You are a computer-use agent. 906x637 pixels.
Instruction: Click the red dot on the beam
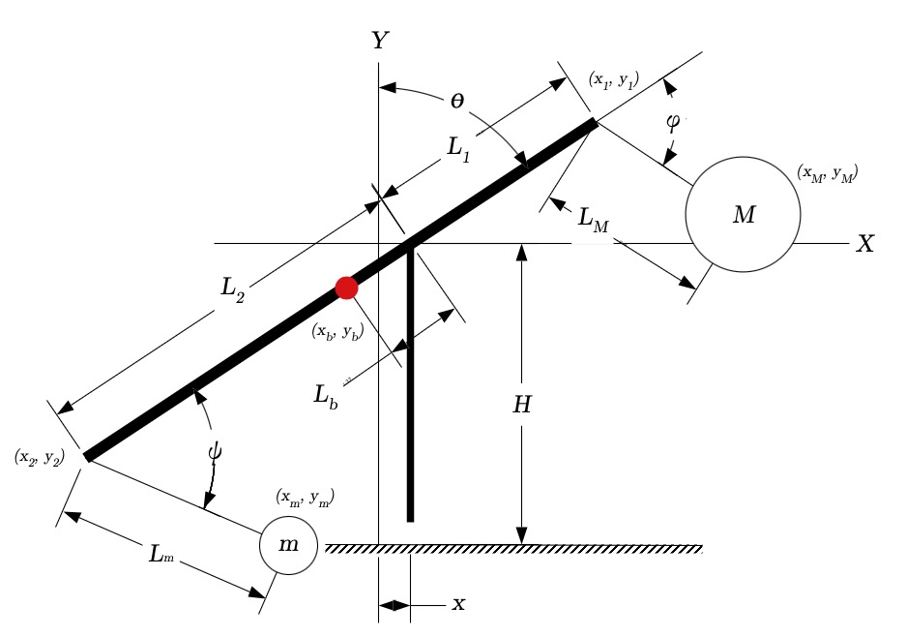pos(347,288)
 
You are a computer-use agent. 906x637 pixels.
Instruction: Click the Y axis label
pos(380,40)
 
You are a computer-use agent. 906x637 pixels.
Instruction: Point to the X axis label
pos(865,244)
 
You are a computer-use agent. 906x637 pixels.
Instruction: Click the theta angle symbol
pos(457,102)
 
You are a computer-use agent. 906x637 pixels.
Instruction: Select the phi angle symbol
pos(673,123)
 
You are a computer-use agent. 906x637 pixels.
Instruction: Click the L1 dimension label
pos(458,149)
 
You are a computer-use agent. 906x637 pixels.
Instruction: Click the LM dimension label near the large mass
pos(594,220)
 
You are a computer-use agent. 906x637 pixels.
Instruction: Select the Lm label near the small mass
pos(161,554)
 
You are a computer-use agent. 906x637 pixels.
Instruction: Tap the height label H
pos(522,405)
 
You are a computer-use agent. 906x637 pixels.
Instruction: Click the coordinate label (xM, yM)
pos(828,173)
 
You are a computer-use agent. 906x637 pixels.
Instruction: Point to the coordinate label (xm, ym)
pos(306,498)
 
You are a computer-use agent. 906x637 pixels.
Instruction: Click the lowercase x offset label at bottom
pos(458,605)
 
